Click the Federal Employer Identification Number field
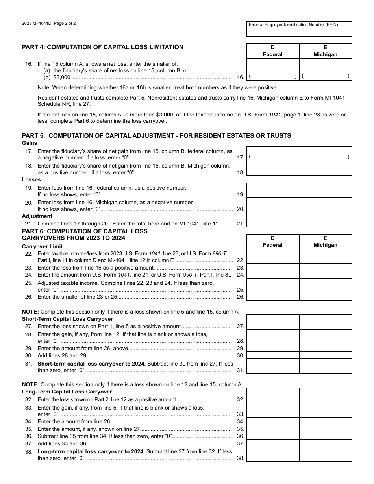tap(299, 31)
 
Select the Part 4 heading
tap(102, 47)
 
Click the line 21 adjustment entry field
tap(299, 220)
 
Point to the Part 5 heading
tap(156, 136)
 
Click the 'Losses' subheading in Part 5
tap(31, 179)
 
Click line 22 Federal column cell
tap(272, 256)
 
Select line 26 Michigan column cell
tap(325, 297)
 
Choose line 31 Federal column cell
tap(272, 366)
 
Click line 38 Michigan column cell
tap(325, 454)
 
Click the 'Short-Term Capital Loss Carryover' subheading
tap(67, 319)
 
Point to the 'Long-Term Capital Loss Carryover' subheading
tap(67, 392)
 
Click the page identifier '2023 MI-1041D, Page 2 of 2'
tap(49, 24)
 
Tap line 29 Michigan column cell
tap(325, 348)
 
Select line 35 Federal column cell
tap(272, 429)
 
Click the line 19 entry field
tap(299, 190)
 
